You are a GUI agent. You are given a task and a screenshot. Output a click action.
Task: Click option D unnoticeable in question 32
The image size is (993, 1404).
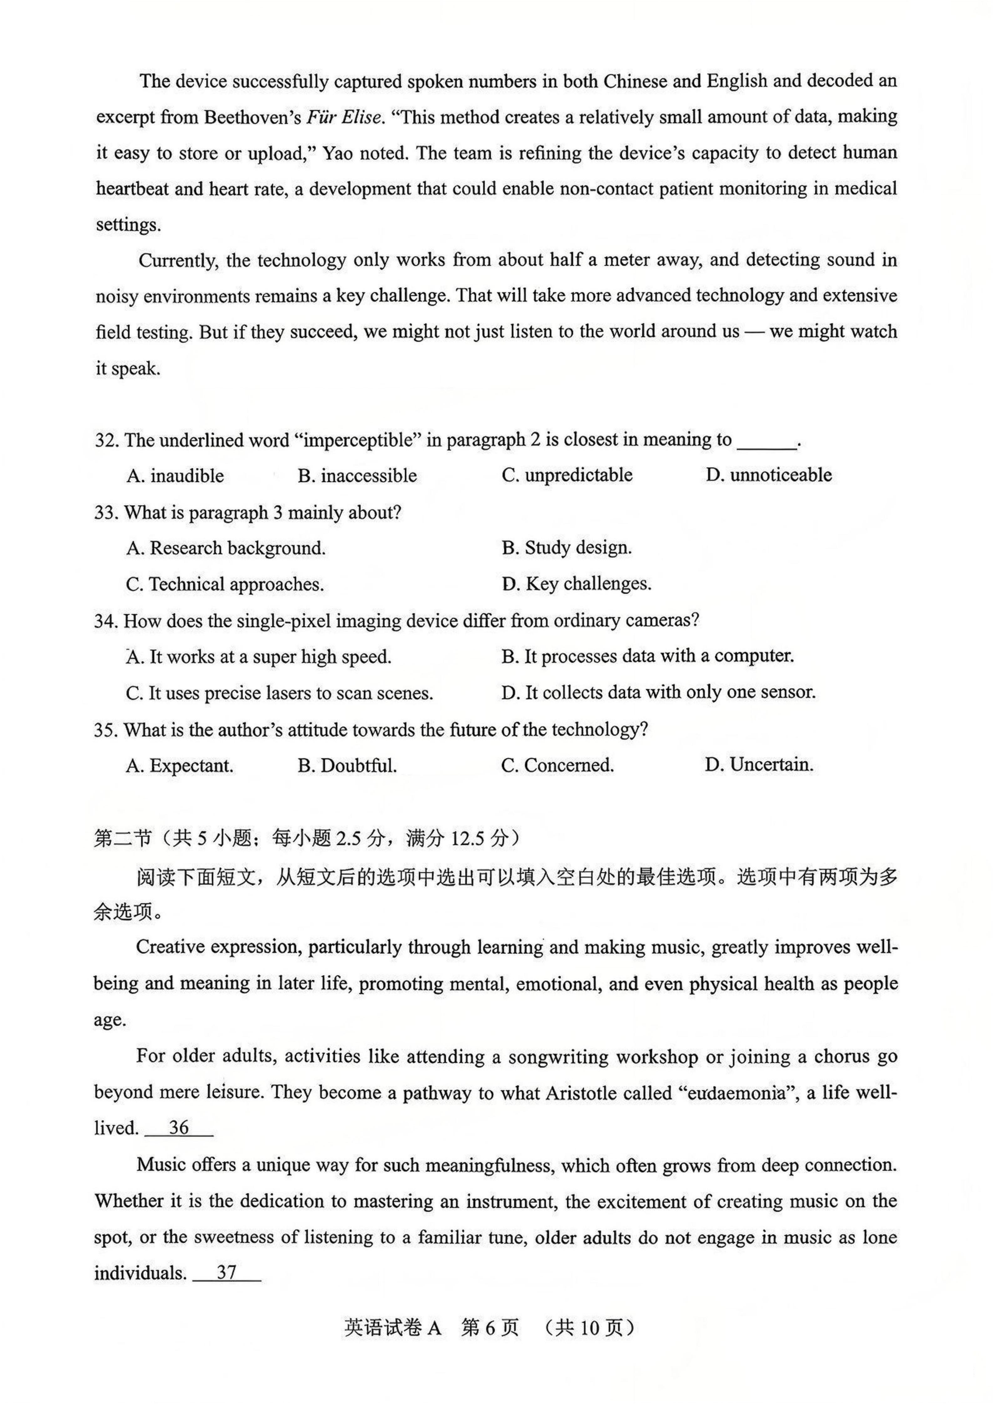[768, 475]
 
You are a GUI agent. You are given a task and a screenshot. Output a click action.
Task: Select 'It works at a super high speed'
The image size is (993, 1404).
[259, 657]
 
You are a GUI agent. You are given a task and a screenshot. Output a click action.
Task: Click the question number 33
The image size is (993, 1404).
[105, 513]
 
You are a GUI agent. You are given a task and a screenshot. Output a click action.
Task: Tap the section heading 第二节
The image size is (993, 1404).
[122, 838]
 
